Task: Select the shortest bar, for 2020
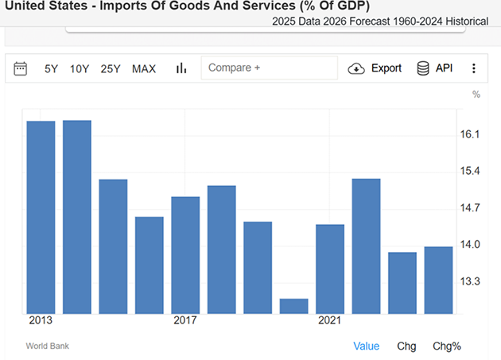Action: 293,306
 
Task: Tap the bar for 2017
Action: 185,254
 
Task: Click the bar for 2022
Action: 366,246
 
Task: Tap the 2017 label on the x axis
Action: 185,320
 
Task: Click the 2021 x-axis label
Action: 330,320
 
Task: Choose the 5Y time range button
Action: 51,68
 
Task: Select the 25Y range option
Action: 111,68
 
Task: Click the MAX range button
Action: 144,68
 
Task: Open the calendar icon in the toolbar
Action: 21,68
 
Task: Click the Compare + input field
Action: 269,68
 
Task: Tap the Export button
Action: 375,68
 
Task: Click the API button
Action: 435,68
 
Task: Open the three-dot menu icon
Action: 474,68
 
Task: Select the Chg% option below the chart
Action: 446,346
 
